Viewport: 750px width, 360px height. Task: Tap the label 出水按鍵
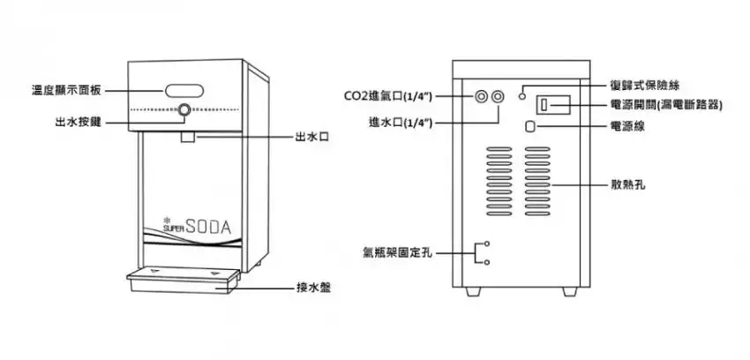77,121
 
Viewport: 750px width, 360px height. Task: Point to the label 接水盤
314,288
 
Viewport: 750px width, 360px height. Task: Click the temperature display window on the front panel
184,89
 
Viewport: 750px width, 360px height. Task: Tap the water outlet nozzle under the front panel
188,136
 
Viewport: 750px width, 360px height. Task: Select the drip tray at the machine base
183,281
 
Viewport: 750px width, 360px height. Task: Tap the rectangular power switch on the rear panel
545,106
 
